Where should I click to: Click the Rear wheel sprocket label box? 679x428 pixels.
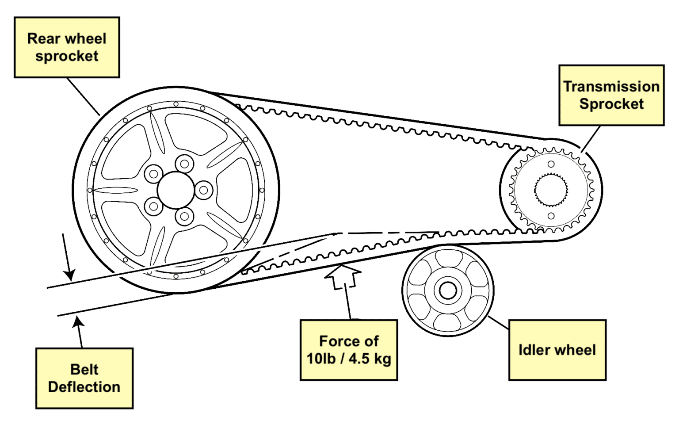tap(67, 47)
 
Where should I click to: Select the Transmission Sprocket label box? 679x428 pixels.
tap(611, 95)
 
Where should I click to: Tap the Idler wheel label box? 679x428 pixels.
tap(557, 350)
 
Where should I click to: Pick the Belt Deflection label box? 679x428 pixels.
tap(84, 378)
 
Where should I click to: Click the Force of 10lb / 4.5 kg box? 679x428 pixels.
tap(349, 350)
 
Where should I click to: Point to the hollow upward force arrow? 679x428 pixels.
tap(343, 276)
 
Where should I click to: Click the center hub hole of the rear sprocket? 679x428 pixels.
tap(175, 190)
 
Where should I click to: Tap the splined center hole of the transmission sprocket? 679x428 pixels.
tap(551, 190)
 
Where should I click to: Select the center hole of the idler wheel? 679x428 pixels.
tap(447, 290)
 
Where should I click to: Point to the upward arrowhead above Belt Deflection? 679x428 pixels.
tap(78, 321)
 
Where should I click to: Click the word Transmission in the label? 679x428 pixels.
tap(611, 87)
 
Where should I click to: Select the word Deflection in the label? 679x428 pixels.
tap(84, 387)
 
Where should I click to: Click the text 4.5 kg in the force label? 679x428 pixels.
tap(370, 359)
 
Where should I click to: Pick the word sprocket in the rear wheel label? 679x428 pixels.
tap(67, 56)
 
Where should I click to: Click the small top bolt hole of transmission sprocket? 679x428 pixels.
tap(551, 164)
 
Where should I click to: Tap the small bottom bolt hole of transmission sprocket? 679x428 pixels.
tap(551, 216)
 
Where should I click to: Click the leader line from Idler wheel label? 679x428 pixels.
tap(499, 322)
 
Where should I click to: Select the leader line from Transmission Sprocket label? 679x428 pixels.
tap(591, 139)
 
